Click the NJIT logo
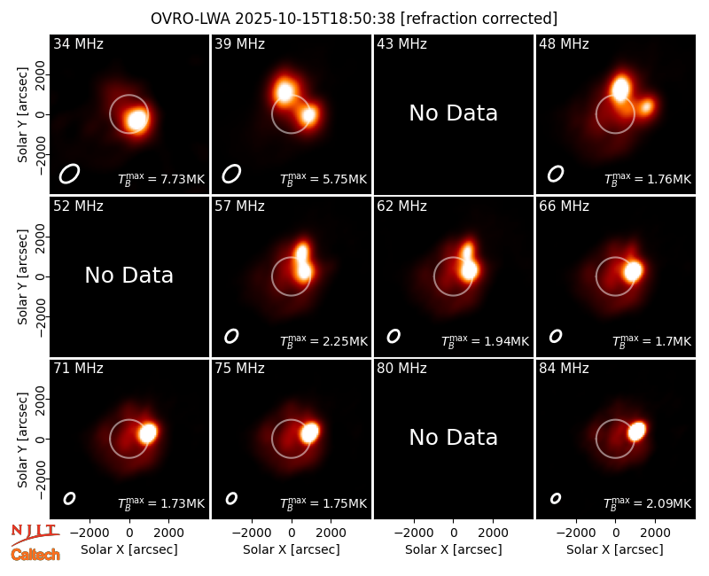tap(35, 534)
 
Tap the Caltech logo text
tap(35, 555)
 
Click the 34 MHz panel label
tap(78, 43)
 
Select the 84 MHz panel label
tap(564, 369)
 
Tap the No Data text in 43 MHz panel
tap(454, 113)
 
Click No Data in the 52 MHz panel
tap(129, 276)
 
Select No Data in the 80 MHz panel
tap(454, 437)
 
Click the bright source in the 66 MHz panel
tap(633, 271)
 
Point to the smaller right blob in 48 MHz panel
tap(646, 106)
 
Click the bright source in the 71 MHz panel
tap(148, 432)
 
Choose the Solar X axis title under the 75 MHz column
tap(292, 549)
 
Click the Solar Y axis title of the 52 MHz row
tap(22, 276)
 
